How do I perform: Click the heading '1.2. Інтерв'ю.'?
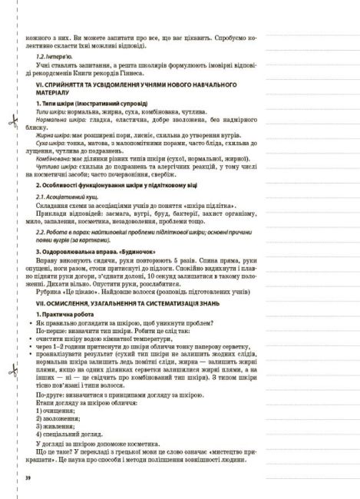[55, 57]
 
